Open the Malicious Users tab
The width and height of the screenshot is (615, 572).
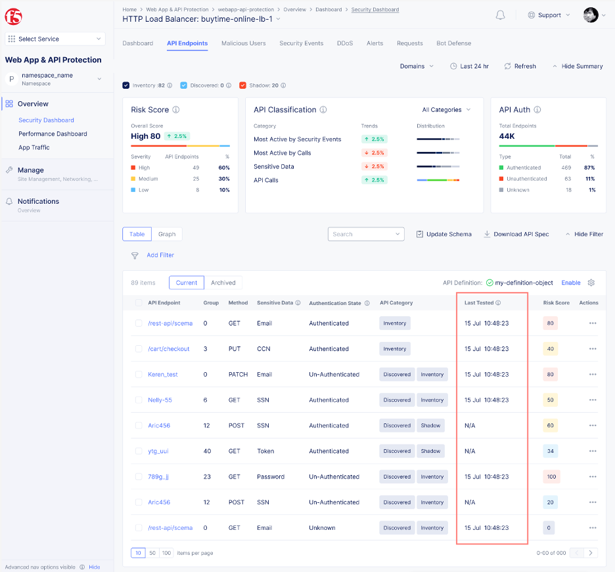click(x=243, y=43)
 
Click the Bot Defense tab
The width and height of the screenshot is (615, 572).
click(x=453, y=43)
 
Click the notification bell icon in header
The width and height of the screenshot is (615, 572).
click(x=501, y=15)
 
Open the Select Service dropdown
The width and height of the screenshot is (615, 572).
click(x=55, y=39)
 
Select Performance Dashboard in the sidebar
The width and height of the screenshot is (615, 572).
click(x=53, y=134)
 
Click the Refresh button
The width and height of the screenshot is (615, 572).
click(x=520, y=66)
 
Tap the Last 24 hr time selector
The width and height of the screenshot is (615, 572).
click(x=469, y=66)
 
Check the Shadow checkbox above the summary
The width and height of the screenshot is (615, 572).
click(x=242, y=85)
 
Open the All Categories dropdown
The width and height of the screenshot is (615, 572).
click(x=446, y=110)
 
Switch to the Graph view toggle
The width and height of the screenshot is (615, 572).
click(x=167, y=234)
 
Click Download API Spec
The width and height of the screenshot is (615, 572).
click(x=516, y=234)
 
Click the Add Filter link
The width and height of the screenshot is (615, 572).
click(x=160, y=255)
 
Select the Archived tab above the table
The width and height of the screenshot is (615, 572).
click(x=223, y=283)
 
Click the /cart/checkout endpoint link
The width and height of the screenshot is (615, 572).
click(x=168, y=349)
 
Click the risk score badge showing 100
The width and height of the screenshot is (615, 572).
click(x=551, y=477)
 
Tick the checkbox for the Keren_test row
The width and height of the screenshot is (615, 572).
click(x=139, y=375)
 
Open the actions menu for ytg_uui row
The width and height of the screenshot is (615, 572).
click(x=593, y=451)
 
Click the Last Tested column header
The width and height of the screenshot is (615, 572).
click(x=479, y=303)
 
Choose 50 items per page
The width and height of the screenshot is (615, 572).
click(x=152, y=553)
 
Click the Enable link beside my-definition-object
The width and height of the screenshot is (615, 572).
click(x=570, y=283)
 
